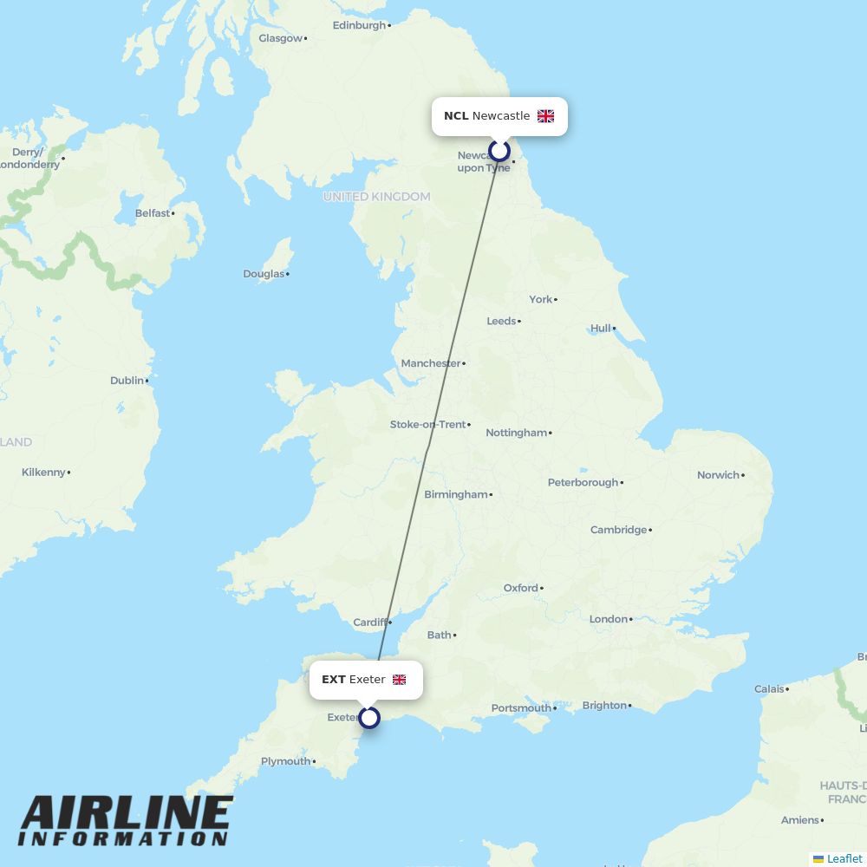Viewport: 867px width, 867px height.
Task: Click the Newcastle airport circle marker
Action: coord(499,151)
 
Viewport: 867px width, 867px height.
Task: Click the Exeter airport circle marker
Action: coord(369,718)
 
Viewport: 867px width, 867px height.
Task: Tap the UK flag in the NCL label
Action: coord(545,116)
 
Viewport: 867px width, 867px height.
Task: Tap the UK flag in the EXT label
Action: coord(399,680)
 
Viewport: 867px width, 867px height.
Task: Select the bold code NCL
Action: coord(456,116)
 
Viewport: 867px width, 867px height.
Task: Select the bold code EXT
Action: coord(334,680)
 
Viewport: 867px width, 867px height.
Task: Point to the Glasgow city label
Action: coord(280,38)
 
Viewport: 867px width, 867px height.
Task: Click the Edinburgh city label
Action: coord(359,25)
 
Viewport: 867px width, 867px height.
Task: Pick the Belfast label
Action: coord(153,213)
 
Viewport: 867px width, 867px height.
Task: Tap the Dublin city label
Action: coord(127,381)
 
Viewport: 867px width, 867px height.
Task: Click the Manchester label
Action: coord(431,363)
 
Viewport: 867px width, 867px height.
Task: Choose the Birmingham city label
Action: coord(456,495)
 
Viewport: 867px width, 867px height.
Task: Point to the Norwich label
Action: coord(719,475)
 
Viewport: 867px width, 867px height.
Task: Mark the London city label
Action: coord(609,619)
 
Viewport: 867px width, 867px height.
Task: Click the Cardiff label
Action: coord(370,623)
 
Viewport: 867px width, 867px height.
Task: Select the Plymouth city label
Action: coord(286,761)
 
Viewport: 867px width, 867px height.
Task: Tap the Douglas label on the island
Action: coord(264,274)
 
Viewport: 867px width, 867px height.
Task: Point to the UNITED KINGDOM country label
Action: coord(376,197)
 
